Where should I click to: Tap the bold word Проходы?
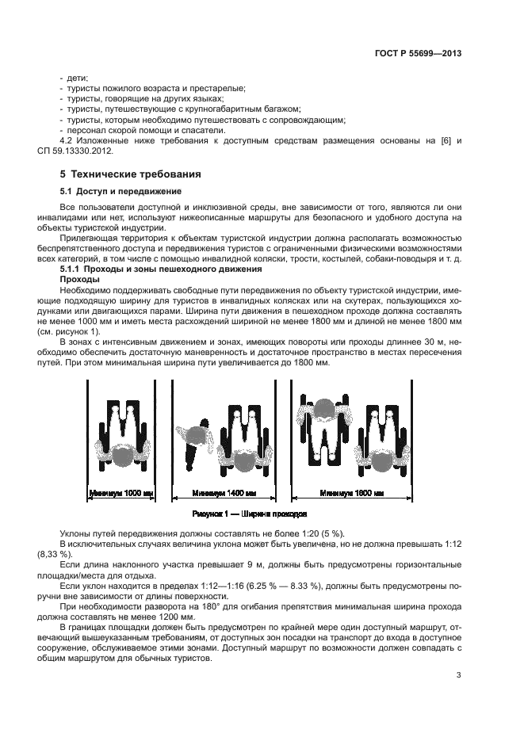(x=80, y=280)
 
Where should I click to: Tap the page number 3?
(x=459, y=676)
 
